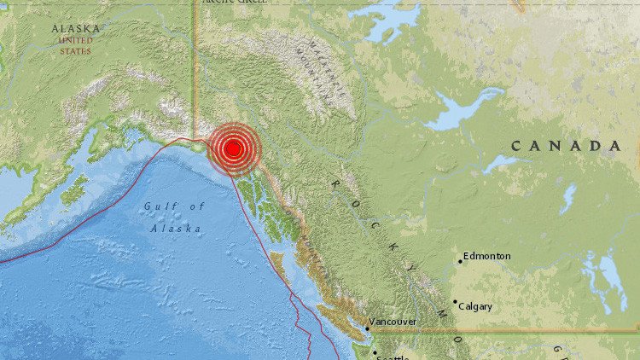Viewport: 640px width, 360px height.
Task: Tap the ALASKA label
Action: (x=75, y=29)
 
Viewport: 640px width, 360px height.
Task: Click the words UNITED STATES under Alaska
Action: (x=75, y=45)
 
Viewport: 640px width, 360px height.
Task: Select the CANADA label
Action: (x=566, y=147)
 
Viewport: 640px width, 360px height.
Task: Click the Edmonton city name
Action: (x=488, y=255)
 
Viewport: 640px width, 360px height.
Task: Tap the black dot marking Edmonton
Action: (x=460, y=261)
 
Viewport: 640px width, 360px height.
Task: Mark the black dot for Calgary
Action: (x=455, y=301)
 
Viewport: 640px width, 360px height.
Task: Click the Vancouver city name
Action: (x=393, y=322)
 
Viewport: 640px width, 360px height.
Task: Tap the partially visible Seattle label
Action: (x=393, y=357)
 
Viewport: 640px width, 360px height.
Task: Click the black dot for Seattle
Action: (x=374, y=351)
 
